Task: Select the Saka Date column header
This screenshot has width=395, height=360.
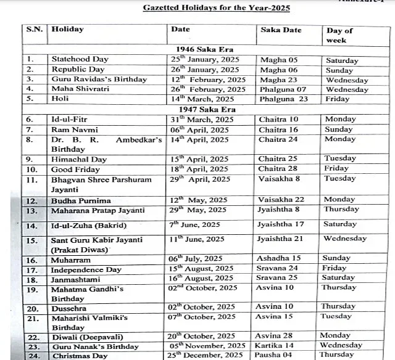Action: click(281, 30)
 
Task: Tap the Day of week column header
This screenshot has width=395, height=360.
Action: click(339, 35)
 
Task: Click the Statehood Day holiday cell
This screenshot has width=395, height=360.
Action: click(80, 59)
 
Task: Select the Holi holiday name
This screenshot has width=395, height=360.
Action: click(60, 99)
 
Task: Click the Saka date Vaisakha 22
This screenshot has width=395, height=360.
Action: click(282, 200)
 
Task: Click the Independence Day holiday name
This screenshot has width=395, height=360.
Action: click(86, 269)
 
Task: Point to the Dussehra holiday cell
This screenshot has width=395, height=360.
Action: click(69, 308)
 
